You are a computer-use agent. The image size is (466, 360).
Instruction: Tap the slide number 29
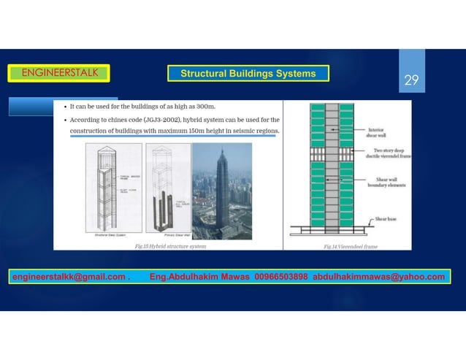pyautogui.click(x=411, y=80)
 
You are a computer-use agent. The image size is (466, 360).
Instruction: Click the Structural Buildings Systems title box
pyautogui.click(x=248, y=74)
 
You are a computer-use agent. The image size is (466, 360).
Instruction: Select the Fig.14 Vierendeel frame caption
pyautogui.click(x=351, y=247)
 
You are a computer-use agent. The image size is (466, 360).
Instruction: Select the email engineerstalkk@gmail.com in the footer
pyautogui.click(x=68, y=277)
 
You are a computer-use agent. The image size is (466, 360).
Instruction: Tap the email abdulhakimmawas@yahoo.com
pyautogui.click(x=378, y=277)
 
